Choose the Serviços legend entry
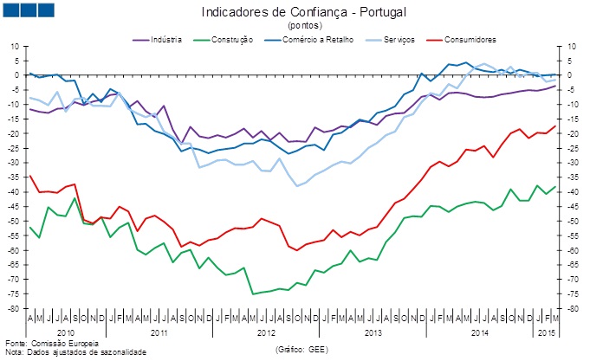[x=397, y=40]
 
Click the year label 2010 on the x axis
[x=66, y=332]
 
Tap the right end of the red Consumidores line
[x=555, y=126]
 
